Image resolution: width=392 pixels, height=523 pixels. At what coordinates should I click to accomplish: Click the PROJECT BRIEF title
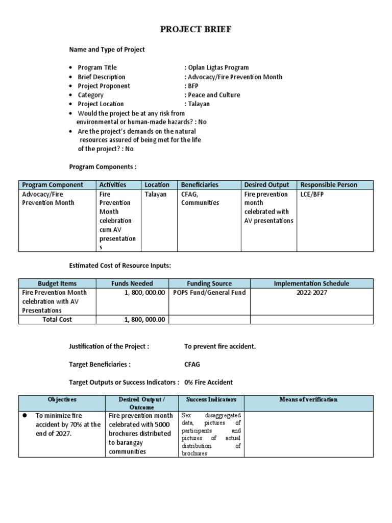tap(195, 29)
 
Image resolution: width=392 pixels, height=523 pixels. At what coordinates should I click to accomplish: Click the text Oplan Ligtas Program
tap(218, 67)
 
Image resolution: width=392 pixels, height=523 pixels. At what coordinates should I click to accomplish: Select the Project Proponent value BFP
tap(192, 86)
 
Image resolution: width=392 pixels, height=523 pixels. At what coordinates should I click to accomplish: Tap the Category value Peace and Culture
tap(213, 95)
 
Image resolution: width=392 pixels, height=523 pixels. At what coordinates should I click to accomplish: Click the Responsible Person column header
tap(329, 185)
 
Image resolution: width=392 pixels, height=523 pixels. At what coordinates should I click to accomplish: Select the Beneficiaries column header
tap(200, 185)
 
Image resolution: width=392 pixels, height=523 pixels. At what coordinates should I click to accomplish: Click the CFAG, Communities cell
tap(200, 198)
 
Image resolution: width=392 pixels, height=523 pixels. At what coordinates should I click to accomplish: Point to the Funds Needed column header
tap(132, 283)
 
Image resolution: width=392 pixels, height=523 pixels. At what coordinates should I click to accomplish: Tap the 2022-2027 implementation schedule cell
tap(311, 293)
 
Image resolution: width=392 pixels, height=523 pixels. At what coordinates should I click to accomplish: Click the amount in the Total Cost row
tap(145, 319)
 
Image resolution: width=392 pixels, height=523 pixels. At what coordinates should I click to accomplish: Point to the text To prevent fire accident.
tap(220, 346)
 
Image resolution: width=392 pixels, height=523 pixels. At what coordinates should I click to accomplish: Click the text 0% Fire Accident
tap(208, 383)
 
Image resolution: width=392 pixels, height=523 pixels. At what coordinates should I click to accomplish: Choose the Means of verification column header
tap(308, 399)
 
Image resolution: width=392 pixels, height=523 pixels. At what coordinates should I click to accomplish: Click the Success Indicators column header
tap(211, 399)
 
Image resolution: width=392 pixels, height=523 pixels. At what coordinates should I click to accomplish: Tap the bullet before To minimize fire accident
tap(24, 416)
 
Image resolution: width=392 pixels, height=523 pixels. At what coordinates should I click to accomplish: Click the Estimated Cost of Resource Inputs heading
tap(120, 266)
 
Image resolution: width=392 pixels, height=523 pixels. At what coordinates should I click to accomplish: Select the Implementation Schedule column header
tap(311, 283)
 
